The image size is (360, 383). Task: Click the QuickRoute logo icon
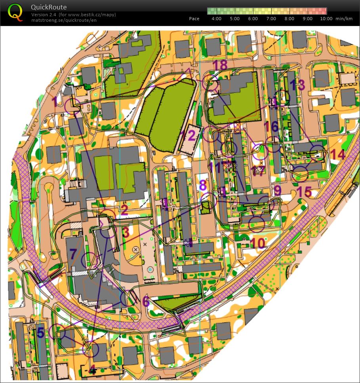coord(15,12)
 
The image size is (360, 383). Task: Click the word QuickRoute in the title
coord(48,7)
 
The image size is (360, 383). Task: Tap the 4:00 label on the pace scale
coord(217,19)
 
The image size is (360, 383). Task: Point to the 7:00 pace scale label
coord(271,19)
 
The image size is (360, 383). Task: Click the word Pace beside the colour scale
coord(194,19)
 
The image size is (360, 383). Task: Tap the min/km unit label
coord(343,19)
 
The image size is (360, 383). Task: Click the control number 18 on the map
coord(220,65)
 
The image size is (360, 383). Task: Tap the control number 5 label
coord(40,332)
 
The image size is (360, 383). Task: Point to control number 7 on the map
coord(73,254)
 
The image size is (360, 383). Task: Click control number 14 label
coord(337,154)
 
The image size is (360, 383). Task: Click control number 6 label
coord(146,302)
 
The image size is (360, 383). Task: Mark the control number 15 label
coord(304,192)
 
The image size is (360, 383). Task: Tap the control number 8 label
coord(203,185)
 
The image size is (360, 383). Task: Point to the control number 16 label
coord(271,127)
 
